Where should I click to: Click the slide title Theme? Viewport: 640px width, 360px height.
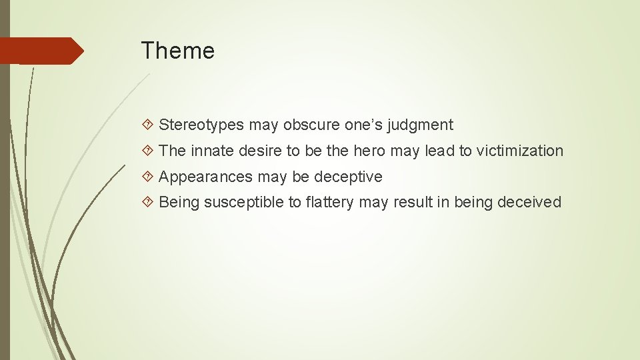coord(177,51)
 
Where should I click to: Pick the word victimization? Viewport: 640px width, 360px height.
coord(520,151)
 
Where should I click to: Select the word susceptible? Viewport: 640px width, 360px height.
coord(243,203)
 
